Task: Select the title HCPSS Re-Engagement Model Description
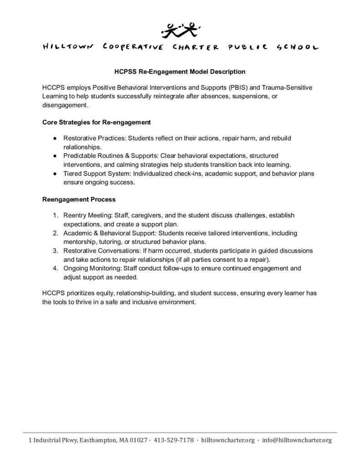coord(179,71)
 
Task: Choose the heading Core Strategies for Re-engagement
coord(96,122)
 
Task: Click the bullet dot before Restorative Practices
coord(55,138)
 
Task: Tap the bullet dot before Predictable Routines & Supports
coord(55,156)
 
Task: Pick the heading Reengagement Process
coord(79,199)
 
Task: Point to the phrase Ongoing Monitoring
coord(89,268)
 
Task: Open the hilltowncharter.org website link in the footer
coord(228,440)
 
